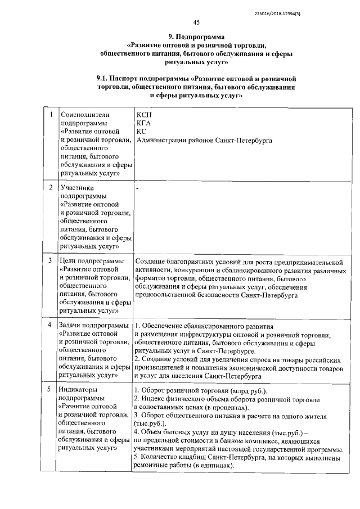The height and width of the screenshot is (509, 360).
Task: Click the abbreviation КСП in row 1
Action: pos(144,114)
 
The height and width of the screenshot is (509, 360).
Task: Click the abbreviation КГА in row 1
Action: pos(143,123)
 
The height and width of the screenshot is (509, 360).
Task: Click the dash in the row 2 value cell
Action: pos(137,187)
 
